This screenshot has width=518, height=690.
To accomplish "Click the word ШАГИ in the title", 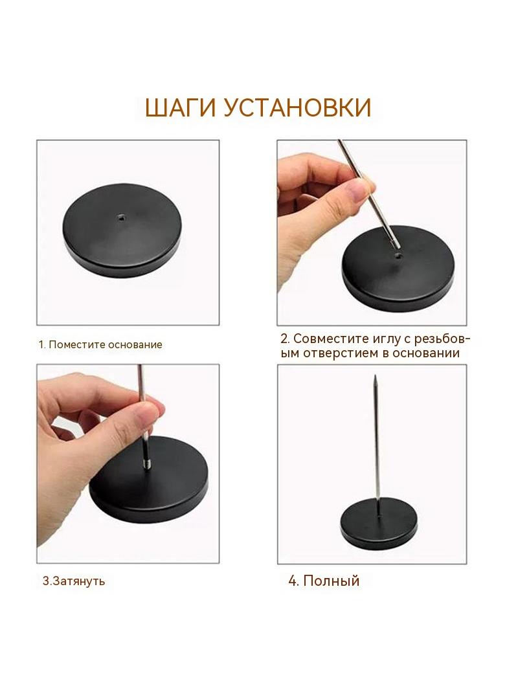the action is [x=181, y=108].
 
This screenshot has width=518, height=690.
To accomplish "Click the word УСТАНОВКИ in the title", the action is [x=297, y=108].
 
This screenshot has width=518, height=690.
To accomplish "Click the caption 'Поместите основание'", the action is [x=106, y=344].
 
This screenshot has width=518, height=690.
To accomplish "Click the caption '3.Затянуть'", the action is [x=74, y=581].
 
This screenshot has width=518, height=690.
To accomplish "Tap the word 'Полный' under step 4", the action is [x=332, y=581].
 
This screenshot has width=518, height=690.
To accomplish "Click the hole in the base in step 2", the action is [x=398, y=256].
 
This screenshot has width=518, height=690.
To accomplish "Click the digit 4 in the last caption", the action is [x=292, y=581].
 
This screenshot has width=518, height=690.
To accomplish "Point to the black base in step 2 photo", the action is [x=398, y=268].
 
